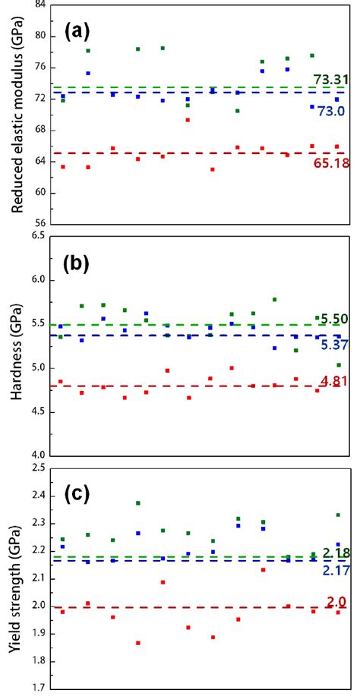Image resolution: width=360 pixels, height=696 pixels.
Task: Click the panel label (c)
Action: pos(77,495)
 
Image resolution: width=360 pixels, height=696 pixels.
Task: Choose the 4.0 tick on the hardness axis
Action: pos(36,455)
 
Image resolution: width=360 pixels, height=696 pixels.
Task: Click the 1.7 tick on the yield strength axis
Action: pos(36,689)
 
